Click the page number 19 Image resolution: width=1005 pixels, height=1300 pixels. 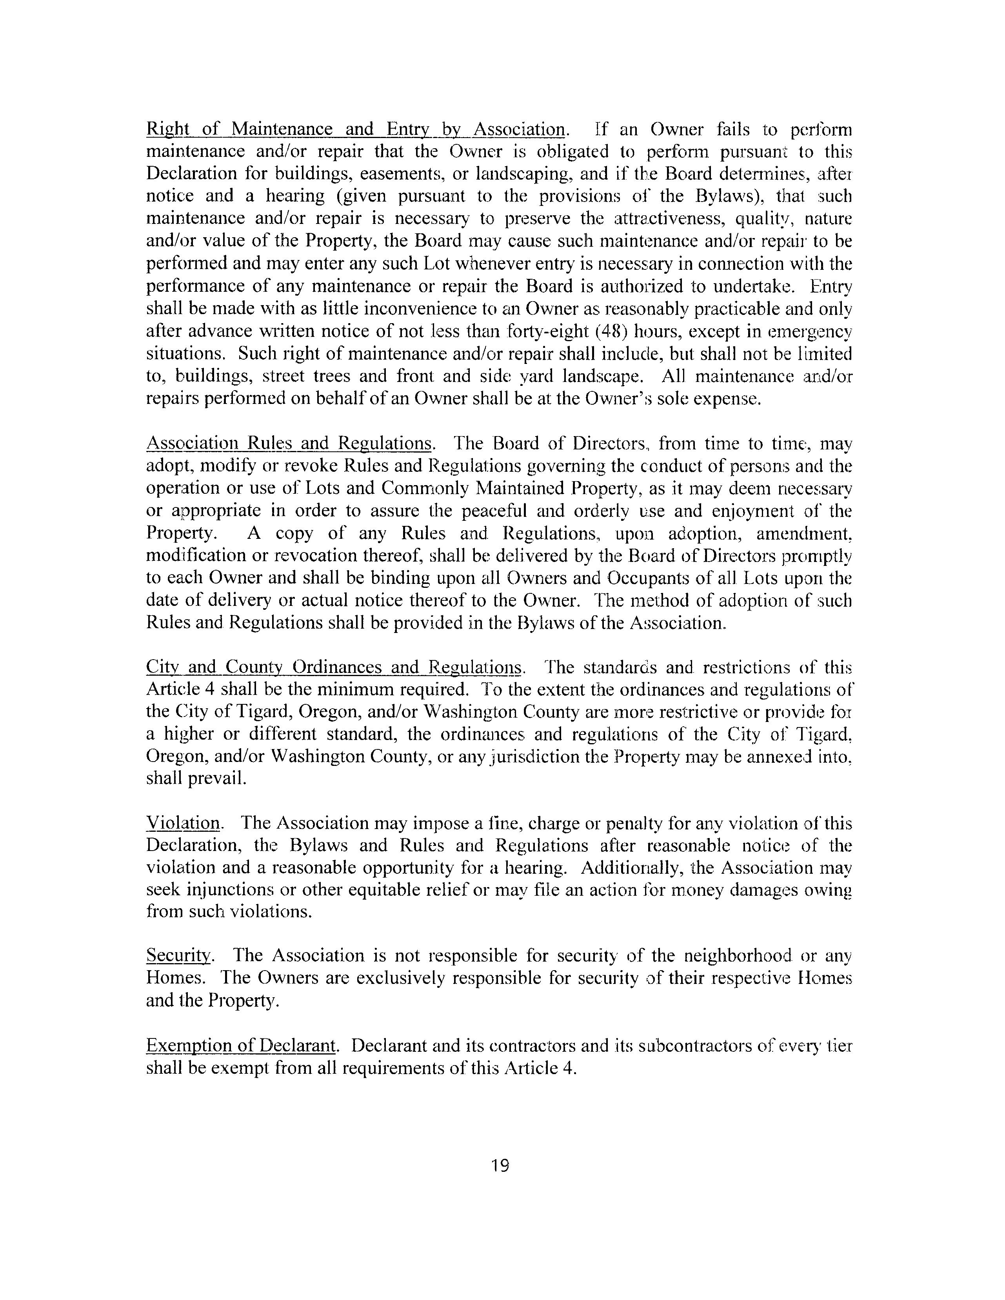(500, 1165)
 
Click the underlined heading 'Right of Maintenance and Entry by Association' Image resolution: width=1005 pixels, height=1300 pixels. (356, 129)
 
